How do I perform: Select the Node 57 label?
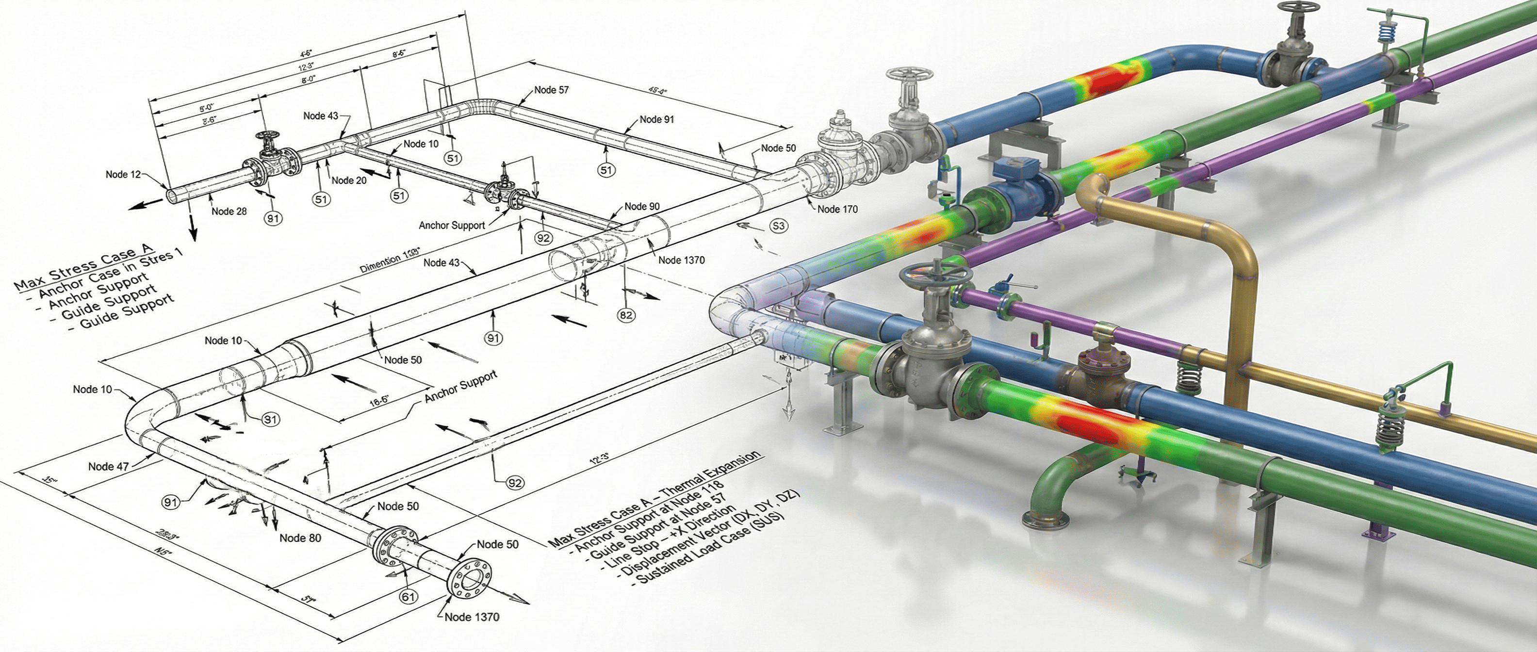click(551, 90)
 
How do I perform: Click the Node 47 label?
click(108, 467)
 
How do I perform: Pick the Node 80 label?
click(300, 538)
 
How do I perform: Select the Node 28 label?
click(229, 211)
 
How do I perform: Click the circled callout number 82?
click(626, 315)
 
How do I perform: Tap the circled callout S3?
click(779, 226)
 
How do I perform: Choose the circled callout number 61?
click(409, 597)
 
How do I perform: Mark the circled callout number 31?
click(271, 419)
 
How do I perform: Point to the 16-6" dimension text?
click(379, 402)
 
